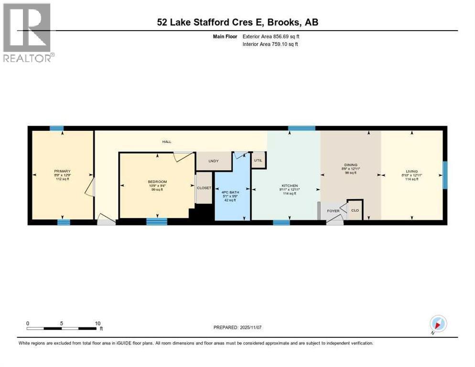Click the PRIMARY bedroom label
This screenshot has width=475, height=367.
coord(62,171)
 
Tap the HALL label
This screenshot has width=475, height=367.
coord(166,142)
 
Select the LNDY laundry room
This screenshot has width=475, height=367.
coord(213,161)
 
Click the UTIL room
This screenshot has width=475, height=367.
coord(259,160)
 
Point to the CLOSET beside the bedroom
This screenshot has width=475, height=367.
coord(204,188)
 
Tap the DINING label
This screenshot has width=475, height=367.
coord(350,165)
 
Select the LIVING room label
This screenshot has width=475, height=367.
coord(411,171)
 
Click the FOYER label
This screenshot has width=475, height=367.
coord(333,211)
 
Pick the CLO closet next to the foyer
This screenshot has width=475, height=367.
coord(355,210)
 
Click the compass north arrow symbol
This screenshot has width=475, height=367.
coord(438,324)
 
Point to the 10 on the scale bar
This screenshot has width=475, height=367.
coord(97,323)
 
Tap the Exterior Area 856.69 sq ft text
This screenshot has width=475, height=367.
coord(273,36)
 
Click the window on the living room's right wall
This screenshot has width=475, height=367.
coord(445,175)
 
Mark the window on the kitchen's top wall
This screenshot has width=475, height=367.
coord(302,128)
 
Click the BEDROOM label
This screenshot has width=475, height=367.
coord(157,182)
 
